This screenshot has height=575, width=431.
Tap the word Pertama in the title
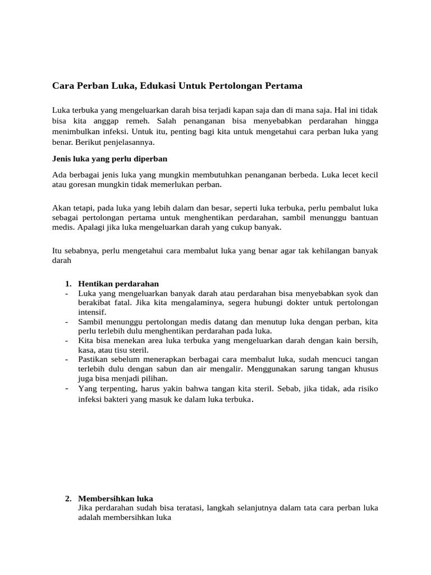click(x=283, y=86)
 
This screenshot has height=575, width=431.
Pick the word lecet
click(x=341, y=175)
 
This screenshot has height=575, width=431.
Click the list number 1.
click(x=68, y=284)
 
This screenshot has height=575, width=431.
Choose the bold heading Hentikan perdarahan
click(x=118, y=284)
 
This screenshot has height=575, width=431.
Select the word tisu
click(x=122, y=349)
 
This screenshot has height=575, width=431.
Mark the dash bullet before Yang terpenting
click(x=66, y=388)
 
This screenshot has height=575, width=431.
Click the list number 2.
click(x=68, y=499)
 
